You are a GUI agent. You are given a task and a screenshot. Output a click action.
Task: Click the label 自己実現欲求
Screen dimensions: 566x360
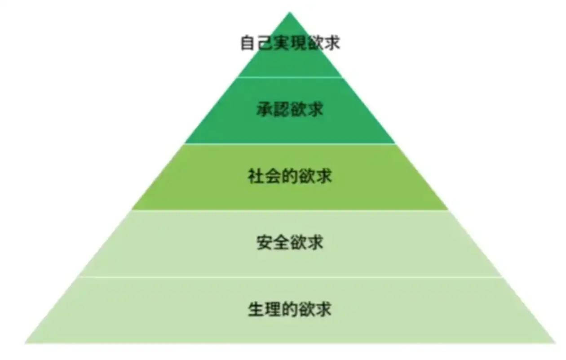(290, 43)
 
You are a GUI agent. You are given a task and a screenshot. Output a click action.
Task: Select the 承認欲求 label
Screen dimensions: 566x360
(290, 110)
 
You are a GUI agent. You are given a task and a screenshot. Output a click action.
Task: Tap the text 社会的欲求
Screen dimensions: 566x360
(290, 176)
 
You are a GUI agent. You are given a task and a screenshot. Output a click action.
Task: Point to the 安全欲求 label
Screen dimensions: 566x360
(290, 243)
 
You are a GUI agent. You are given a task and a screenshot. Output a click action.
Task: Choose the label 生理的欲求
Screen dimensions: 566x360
(290, 309)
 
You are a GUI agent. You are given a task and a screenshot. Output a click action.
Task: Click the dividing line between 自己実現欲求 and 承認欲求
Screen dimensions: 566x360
(290, 77)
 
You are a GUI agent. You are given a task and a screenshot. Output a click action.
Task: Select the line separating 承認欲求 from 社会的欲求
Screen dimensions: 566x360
(290, 144)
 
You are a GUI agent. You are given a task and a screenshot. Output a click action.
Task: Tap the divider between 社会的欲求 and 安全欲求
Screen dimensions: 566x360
(290, 210)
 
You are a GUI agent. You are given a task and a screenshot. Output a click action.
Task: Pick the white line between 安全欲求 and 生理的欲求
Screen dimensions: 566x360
(290, 277)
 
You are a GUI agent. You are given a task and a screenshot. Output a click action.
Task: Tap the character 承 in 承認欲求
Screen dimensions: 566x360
(265, 110)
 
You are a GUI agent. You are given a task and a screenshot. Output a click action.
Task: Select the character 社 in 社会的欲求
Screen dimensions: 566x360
(256, 176)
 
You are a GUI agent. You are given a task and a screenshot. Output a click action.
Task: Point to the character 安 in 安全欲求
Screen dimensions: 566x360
(265, 243)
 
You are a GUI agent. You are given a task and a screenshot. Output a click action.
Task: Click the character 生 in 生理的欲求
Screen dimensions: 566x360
(256, 309)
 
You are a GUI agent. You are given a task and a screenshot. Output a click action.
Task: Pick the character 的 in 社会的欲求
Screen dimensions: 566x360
(290, 176)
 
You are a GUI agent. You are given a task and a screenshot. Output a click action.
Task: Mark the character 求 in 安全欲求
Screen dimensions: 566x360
(315, 243)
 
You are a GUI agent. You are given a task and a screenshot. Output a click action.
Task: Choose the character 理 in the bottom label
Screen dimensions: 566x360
(273, 309)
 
